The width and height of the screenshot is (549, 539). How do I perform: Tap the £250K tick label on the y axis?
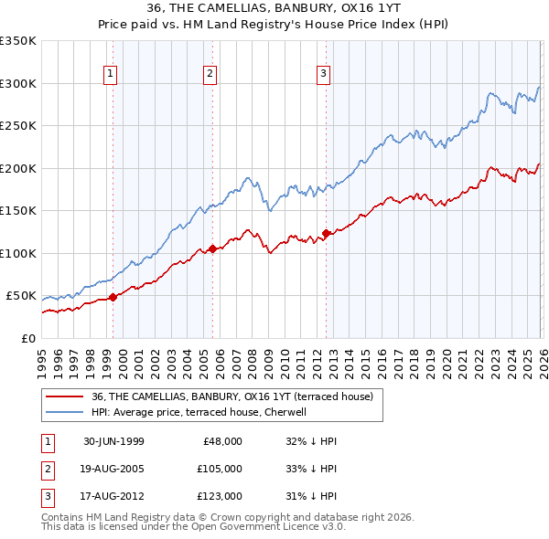coord(18,125)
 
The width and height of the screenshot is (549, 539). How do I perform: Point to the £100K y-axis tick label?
coord(18,253)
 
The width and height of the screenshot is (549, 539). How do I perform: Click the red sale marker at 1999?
coord(113,297)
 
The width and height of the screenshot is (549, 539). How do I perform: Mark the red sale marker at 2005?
coord(212,248)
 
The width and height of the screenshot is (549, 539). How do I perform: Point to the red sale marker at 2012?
coord(326,233)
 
